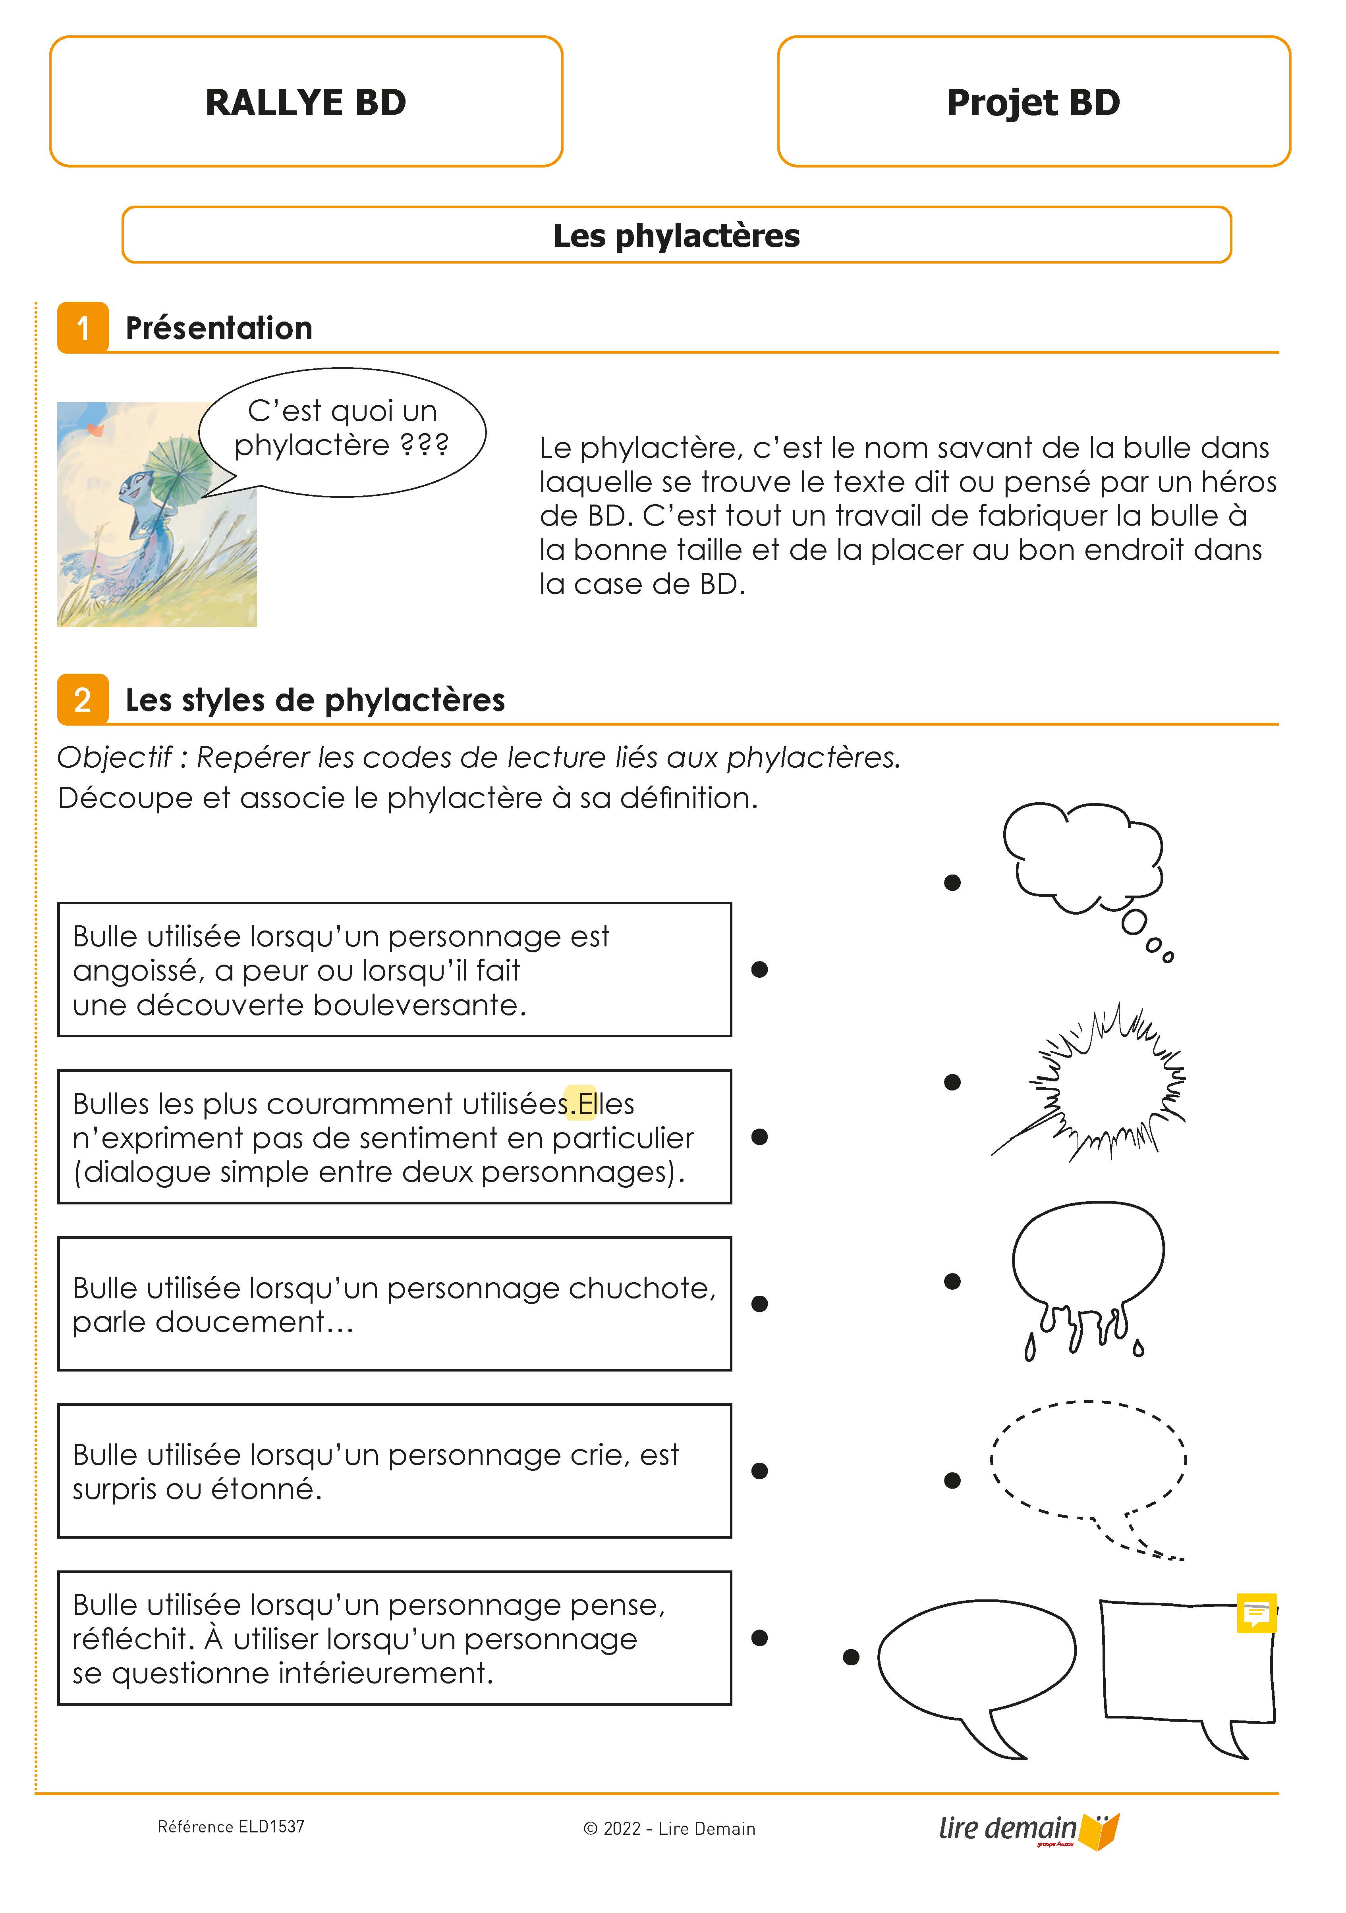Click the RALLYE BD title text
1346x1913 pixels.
point(306,102)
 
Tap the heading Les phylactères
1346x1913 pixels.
point(676,236)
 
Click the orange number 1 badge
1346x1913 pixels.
point(83,328)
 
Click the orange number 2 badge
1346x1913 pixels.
point(83,700)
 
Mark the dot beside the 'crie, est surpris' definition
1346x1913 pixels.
point(759,1472)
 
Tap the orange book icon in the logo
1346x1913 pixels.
point(1100,1831)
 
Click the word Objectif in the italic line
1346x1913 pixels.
point(114,757)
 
